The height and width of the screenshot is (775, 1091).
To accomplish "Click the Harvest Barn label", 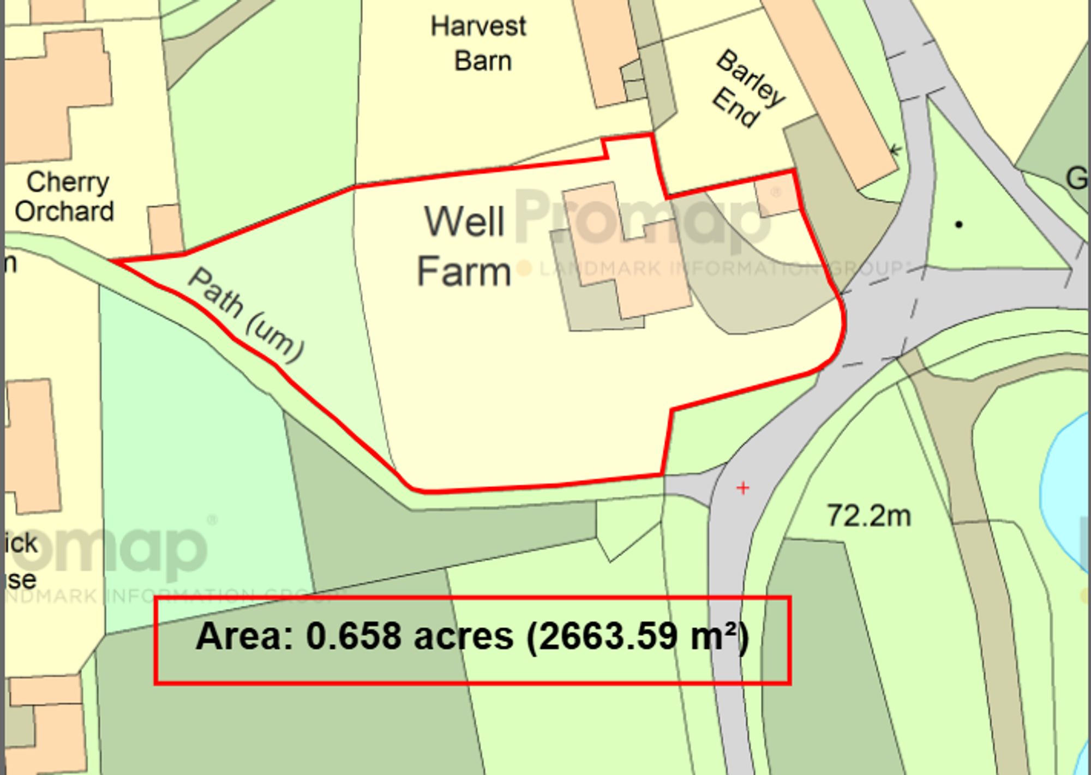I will (478, 44).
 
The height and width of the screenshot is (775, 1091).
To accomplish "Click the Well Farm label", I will (464, 247).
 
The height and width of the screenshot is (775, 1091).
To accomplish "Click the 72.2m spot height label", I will (868, 515).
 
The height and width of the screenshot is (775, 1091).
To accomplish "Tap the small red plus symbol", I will (742, 488).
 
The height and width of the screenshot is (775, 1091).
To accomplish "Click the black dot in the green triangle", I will (958, 224).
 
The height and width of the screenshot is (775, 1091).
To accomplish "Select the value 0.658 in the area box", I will (353, 636).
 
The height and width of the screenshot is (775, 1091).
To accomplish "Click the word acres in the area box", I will (464, 637).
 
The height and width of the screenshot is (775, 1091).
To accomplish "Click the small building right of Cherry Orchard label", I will (165, 229).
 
